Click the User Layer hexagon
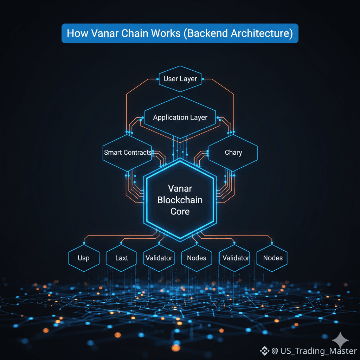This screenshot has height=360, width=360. (180, 79)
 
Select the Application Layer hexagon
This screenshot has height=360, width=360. (180, 117)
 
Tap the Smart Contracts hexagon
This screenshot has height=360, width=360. (127, 153)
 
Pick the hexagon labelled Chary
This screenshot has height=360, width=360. (233, 153)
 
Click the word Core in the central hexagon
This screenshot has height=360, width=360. (180, 211)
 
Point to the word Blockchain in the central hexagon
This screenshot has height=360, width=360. (180, 200)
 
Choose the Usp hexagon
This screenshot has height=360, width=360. (84, 258)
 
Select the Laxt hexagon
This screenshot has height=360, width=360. (122, 258)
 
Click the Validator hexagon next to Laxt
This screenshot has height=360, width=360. (159, 258)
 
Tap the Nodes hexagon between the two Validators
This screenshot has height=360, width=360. (197, 258)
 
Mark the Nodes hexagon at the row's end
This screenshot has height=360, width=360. (272, 258)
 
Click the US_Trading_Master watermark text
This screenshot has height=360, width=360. (314, 351)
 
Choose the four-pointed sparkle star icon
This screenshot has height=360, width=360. (340, 340)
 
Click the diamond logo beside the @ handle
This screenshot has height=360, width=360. (264, 351)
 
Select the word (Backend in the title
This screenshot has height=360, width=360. (206, 33)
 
